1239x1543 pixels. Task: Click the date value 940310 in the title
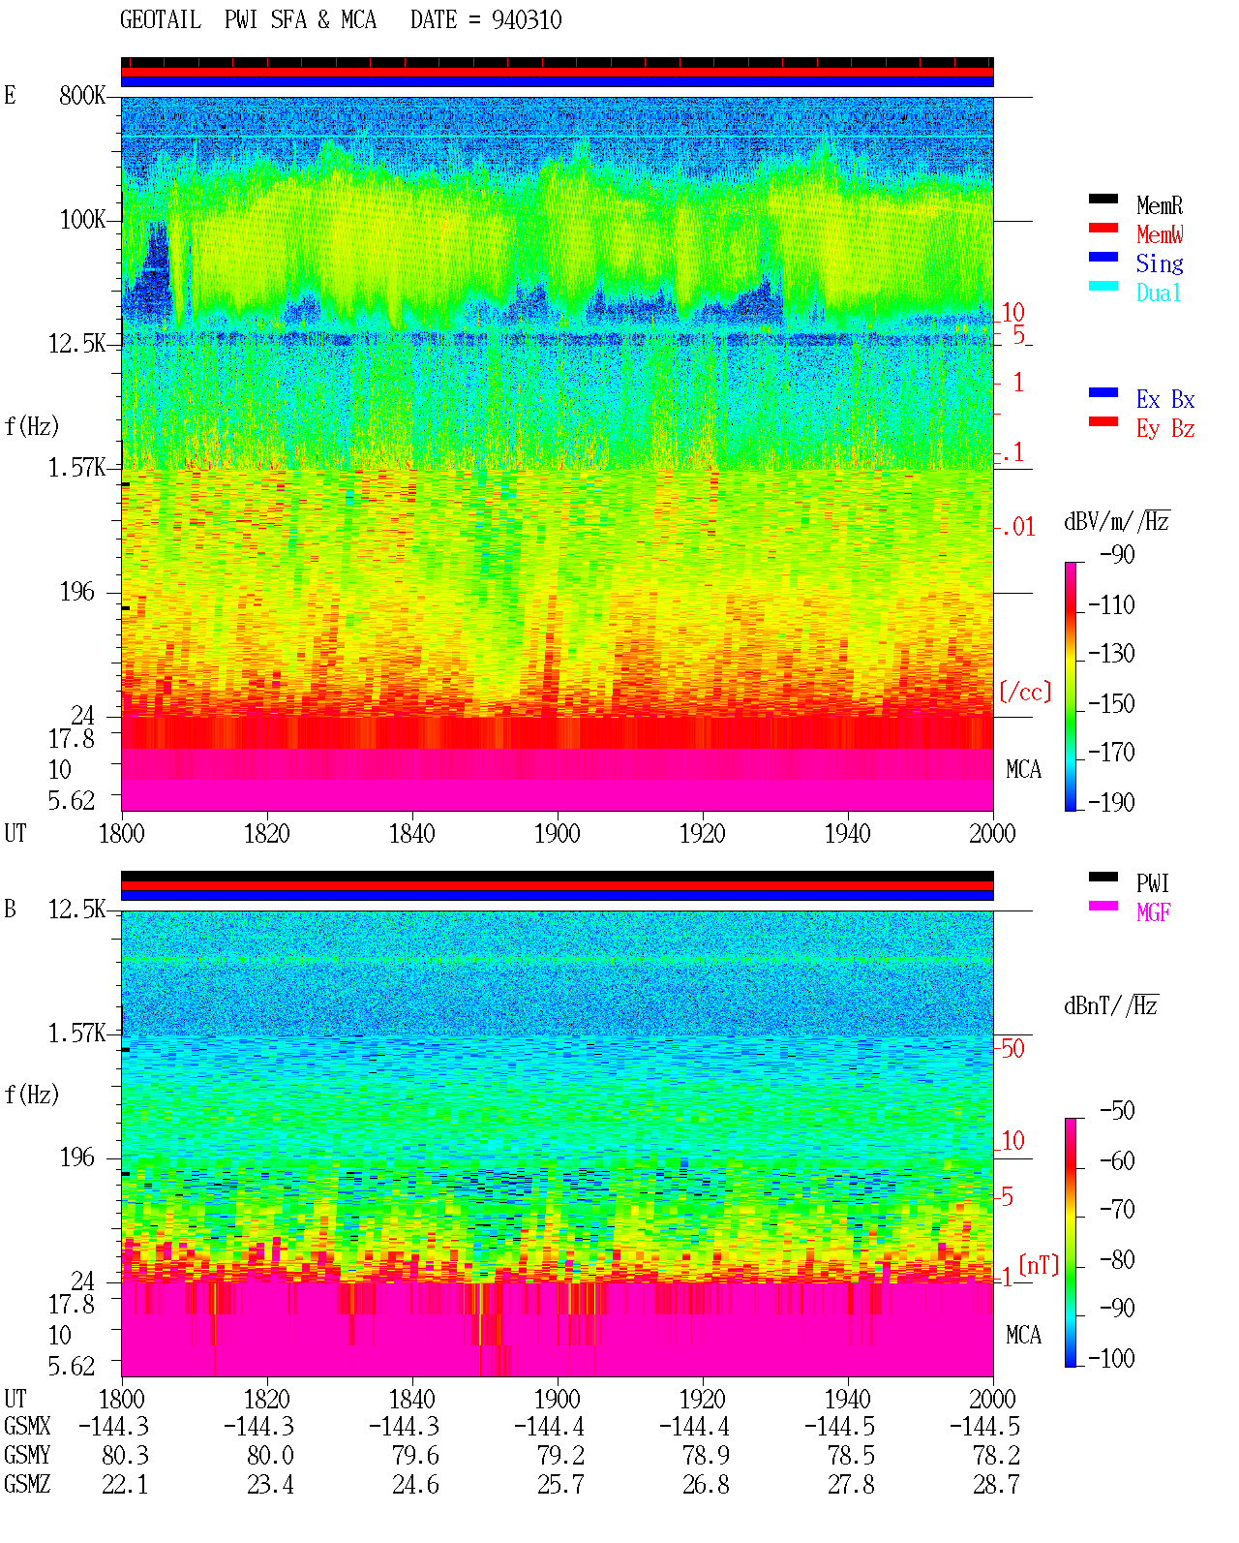pyautogui.click(x=526, y=20)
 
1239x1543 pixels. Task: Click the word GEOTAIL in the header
pyautogui.click(x=161, y=20)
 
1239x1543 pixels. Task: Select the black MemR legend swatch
pyautogui.click(x=1103, y=199)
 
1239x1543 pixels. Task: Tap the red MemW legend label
pyautogui.click(x=1160, y=234)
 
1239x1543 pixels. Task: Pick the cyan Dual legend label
pyautogui.click(x=1158, y=293)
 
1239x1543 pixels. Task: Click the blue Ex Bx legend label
pyautogui.click(x=1165, y=399)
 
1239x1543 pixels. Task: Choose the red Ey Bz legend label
pyautogui.click(x=1165, y=429)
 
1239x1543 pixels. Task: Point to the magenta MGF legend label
pyautogui.click(x=1153, y=912)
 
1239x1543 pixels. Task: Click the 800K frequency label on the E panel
pyautogui.click(x=82, y=95)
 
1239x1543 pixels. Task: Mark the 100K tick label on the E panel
pyautogui.click(x=82, y=220)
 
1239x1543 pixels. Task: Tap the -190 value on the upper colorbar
pyautogui.click(x=1111, y=802)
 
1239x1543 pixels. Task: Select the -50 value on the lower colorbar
pyautogui.click(x=1117, y=1111)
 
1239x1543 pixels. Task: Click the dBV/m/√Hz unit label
pyautogui.click(x=1116, y=521)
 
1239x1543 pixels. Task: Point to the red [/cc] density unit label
pyautogui.click(x=1025, y=692)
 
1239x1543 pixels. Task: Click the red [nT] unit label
pyautogui.click(x=1039, y=1265)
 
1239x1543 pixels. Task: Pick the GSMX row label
pyautogui.click(x=27, y=1426)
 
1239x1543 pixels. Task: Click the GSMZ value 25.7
pyautogui.click(x=560, y=1484)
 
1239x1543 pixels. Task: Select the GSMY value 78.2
pyautogui.click(x=996, y=1456)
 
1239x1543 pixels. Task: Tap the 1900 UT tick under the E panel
pyautogui.click(x=557, y=834)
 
